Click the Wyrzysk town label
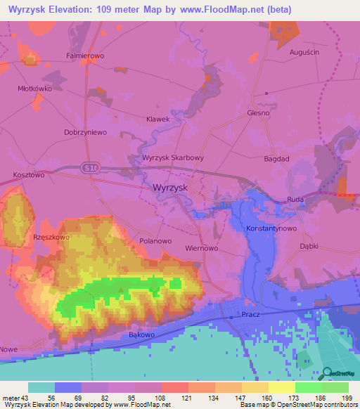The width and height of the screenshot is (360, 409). coord(169,188)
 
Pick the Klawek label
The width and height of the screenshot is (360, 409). coord(157,119)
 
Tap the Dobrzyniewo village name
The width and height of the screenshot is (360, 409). coord(84,132)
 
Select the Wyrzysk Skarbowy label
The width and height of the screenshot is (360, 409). coord(173,158)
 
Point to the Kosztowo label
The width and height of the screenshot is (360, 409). coord(29,174)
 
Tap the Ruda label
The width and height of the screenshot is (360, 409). coord(295,200)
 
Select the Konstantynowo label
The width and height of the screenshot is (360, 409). coord(269,229)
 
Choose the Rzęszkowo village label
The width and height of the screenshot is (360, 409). coord(51,238)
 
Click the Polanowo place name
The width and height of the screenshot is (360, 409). coord(155,240)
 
